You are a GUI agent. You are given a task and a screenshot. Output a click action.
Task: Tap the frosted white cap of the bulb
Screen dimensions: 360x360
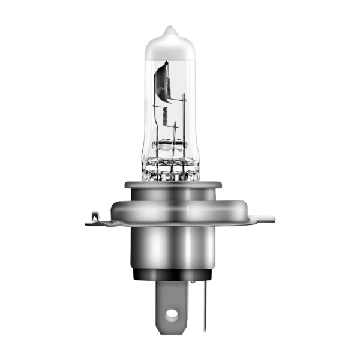172,45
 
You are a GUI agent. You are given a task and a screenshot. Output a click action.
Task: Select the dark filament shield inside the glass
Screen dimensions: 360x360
161,83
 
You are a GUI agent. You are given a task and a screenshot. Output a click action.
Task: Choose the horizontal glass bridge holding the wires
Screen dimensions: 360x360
172,145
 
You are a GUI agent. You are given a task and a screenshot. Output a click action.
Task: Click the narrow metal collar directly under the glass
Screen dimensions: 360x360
173,191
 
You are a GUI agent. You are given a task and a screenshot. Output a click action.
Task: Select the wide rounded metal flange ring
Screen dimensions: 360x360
174,212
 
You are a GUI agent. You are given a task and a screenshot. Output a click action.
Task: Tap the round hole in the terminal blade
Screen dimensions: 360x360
172,313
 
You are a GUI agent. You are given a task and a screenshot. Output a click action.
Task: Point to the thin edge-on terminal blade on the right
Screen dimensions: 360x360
204,306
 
